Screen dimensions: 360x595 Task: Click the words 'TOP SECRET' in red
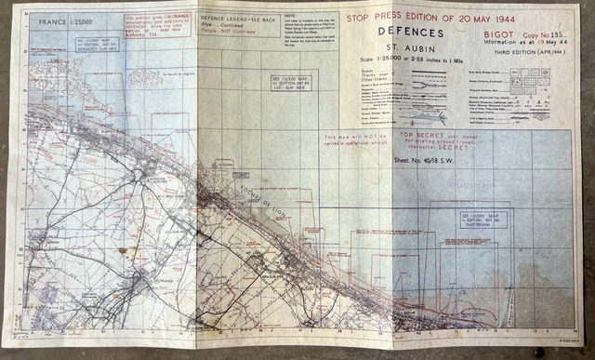coord(415,136)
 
